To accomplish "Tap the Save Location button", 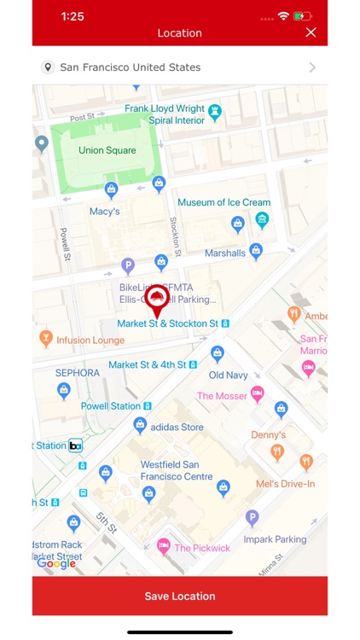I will tap(179, 596).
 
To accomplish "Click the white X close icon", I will tap(311, 32).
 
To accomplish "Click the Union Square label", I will tap(107, 151).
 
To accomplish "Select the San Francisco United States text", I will tap(130, 67).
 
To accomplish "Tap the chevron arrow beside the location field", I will tap(312, 67).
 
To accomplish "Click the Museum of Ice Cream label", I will tap(224, 203).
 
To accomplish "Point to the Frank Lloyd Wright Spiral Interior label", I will tap(165, 114).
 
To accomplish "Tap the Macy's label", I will tap(104, 211).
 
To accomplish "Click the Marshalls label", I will tap(225, 253).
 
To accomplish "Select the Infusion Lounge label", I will tap(90, 340).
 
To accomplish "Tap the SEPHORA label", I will tap(78, 373).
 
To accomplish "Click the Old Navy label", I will tap(228, 375).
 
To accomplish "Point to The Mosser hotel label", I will tap(222, 396).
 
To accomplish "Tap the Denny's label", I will tap(268, 434).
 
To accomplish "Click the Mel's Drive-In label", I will tap(286, 484).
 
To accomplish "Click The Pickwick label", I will tap(202, 548).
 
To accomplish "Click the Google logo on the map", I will tap(56, 563).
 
